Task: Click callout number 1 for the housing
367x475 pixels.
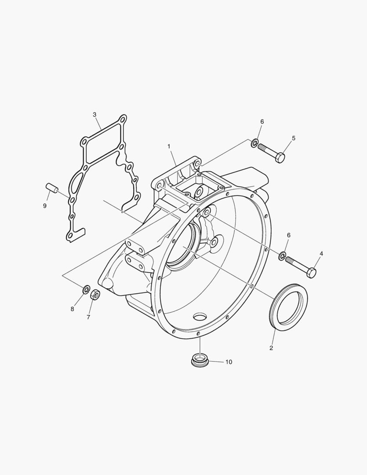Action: click(169, 146)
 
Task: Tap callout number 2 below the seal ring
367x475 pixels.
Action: click(271, 348)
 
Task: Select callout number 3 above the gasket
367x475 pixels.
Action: click(94, 114)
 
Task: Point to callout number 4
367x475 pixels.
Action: click(321, 254)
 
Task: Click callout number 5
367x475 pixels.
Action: click(294, 138)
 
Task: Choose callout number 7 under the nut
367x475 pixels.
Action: click(88, 317)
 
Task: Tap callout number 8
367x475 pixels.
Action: click(72, 309)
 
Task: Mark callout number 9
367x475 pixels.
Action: click(45, 206)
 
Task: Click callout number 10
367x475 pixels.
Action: click(229, 362)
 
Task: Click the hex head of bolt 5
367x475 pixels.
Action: click(280, 157)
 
